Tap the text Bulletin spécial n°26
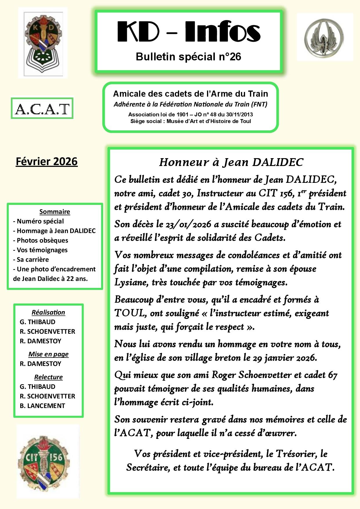188,57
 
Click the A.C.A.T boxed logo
42,109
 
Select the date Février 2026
47,161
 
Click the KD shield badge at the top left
43,43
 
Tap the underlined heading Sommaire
55,212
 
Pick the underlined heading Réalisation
48,312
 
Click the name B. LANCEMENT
42,406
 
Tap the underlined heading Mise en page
48,354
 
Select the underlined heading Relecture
48,377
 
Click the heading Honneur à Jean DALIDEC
231,162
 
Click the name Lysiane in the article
128,282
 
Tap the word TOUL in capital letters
129,313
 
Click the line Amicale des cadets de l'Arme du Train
190,94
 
